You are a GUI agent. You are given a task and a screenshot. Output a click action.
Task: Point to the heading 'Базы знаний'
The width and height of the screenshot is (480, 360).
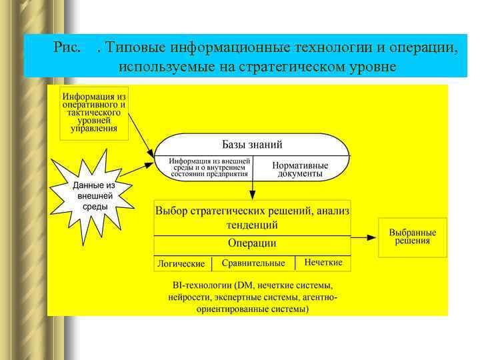[x=252, y=144]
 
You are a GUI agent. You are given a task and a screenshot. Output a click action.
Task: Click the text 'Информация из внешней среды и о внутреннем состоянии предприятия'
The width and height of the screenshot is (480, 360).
[x=209, y=168]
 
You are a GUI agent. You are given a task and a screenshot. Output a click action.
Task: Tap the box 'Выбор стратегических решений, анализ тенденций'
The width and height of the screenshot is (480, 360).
[x=252, y=217]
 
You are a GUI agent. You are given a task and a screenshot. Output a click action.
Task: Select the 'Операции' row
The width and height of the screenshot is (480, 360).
[x=252, y=243]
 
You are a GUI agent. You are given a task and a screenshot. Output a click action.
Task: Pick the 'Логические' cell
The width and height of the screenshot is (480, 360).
[x=181, y=263]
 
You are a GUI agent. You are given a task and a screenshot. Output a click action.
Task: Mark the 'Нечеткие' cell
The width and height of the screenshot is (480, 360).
[x=323, y=263]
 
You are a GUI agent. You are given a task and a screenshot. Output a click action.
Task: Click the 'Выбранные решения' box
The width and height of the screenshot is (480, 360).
[x=413, y=237]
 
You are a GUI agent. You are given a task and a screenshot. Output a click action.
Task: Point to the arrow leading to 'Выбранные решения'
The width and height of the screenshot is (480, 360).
[x=364, y=237]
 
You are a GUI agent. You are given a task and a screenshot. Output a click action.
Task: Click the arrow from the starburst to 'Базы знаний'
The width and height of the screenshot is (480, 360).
[x=141, y=166]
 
